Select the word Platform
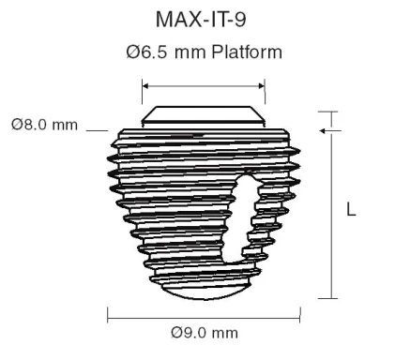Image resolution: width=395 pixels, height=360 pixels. (x=247, y=52)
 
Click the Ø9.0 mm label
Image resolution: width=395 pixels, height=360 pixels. (x=204, y=332)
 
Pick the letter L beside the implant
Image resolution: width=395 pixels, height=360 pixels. (x=351, y=211)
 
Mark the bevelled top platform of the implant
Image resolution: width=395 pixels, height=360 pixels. (x=203, y=115)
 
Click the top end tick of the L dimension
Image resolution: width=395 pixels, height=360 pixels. (x=327, y=112)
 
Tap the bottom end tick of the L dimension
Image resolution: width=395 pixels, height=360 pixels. (x=327, y=298)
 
